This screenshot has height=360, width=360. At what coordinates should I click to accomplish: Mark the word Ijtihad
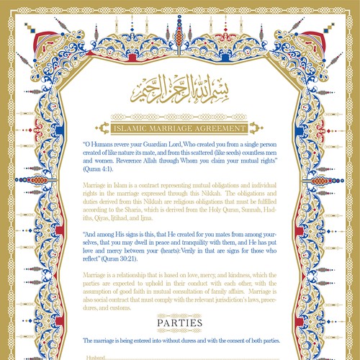[x=128, y=222]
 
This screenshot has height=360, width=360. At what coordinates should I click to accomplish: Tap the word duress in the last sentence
[x=182, y=339]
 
